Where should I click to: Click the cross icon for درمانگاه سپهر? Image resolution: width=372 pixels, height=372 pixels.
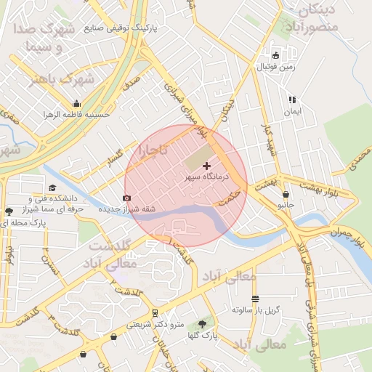[206, 166]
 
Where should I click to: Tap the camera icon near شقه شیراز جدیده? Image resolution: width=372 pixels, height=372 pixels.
[127, 198]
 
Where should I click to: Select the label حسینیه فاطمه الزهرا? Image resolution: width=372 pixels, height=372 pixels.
[76, 114]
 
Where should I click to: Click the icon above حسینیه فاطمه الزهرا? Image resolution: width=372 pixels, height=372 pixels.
[76, 103]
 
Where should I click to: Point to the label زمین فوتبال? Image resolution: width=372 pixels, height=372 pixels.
[275, 67]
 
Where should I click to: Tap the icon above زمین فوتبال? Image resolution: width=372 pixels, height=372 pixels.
[275, 56]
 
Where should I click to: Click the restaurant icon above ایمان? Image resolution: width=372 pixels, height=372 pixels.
[291, 100]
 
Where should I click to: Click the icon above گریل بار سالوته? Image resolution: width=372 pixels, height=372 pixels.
[255, 299]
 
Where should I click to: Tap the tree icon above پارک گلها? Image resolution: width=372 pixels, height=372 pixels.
[202, 324]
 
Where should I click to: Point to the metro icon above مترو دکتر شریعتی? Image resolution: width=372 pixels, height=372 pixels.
[154, 314]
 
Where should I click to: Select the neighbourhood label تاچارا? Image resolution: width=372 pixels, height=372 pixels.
[154, 151]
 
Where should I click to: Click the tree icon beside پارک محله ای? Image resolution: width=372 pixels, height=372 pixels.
[9, 212]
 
